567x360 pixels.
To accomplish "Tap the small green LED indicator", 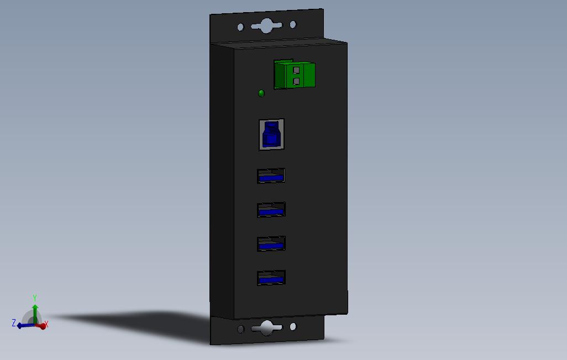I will [261, 93].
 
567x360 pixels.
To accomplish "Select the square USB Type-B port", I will [271, 134].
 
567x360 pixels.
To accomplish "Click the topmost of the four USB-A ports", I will [271, 176].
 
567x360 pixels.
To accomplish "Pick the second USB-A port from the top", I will [271, 210].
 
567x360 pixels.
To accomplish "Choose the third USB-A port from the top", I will [271, 243].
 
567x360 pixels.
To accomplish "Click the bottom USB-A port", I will [271, 278].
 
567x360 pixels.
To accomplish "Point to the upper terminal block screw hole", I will [296, 70].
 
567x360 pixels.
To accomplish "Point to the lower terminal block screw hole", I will [296, 81].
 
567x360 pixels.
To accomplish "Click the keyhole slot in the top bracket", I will [266, 25].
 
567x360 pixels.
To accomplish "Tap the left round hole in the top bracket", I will [240, 27].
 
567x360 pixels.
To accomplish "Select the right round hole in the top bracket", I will [293, 24].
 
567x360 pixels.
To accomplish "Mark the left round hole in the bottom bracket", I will [240, 330].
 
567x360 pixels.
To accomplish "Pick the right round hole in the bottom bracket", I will [293, 327].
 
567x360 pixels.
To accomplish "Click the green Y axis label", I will [35, 298].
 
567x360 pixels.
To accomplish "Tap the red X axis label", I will [46, 325].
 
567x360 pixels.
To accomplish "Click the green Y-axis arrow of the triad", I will [34, 310].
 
